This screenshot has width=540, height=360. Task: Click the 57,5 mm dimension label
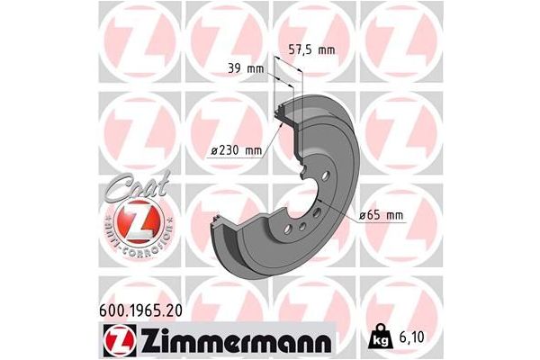(x=311, y=50)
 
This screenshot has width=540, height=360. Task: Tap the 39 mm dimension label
(x=246, y=69)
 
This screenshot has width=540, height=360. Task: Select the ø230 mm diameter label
(x=237, y=150)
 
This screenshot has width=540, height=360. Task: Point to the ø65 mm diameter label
(x=381, y=216)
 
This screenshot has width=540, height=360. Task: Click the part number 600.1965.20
(x=140, y=310)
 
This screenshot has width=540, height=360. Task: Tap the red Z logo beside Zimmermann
(x=120, y=340)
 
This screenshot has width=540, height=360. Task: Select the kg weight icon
(x=380, y=336)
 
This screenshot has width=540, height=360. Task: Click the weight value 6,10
(x=412, y=337)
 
